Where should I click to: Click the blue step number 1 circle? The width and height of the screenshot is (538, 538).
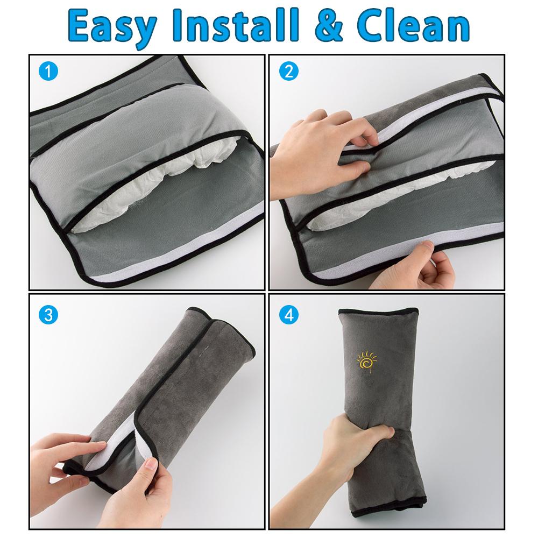pos(48,72)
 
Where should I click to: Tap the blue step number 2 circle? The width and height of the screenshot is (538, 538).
pos(288,72)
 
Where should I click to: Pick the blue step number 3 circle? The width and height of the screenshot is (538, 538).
pos(48,315)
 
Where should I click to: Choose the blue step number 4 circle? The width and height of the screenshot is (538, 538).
pos(288,315)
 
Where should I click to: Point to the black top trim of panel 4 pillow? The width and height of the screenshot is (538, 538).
pos(378,312)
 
